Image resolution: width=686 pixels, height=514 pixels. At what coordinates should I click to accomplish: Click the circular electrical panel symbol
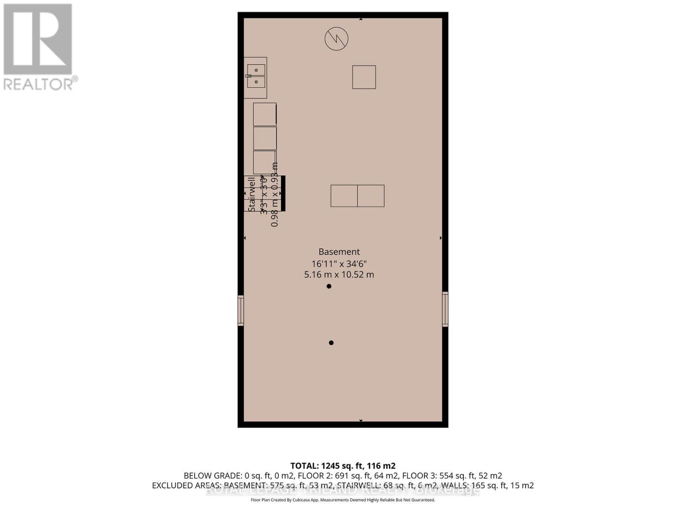336,39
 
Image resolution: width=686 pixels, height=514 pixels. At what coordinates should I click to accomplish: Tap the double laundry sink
256,76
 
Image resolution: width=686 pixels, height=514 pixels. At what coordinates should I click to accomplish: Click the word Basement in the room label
339,252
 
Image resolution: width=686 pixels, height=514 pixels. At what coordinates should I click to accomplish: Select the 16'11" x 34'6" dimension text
339,263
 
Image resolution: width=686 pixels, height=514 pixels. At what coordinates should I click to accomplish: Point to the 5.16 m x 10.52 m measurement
339,275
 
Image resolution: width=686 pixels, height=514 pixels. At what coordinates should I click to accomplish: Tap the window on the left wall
241,311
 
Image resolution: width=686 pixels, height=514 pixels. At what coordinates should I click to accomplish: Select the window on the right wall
445,309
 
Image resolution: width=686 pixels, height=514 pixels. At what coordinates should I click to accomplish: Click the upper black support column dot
329,286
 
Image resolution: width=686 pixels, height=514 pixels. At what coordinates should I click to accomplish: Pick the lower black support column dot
331,343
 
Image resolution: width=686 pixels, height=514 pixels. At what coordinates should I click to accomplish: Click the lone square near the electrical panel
364,77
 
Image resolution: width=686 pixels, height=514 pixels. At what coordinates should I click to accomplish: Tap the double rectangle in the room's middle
357,196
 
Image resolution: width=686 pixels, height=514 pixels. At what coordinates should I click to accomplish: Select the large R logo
38,39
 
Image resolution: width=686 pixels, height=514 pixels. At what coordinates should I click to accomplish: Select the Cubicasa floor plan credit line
343,500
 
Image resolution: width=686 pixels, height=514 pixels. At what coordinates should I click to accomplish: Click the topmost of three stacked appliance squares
265,114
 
